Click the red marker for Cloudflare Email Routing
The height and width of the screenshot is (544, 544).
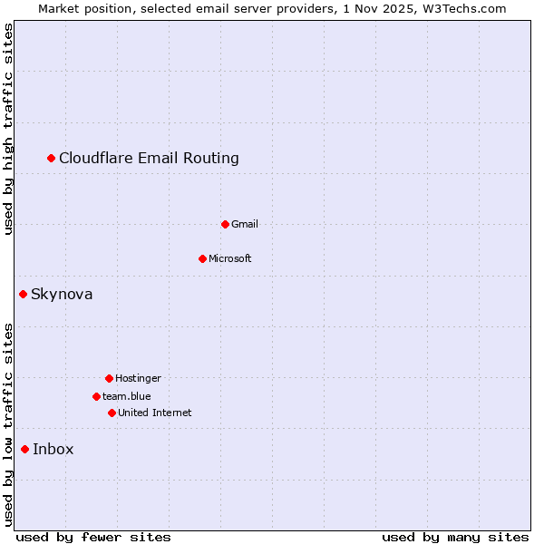pos(52,159)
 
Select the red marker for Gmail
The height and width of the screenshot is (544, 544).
pos(225,224)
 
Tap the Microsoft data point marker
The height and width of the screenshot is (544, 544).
pos(202,258)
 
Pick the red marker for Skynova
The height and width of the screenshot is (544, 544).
pos(24,294)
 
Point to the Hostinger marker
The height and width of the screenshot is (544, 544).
pos(109,378)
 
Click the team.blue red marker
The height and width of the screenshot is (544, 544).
pos(96,396)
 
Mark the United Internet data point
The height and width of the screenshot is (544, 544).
pos(112,413)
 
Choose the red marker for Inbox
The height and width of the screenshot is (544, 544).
pos(25,449)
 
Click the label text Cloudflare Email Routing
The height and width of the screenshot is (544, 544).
pos(149,159)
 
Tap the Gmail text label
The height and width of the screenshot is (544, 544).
pos(245,224)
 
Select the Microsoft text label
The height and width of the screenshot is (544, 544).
pos(230,258)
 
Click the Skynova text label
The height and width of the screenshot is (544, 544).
pos(62,294)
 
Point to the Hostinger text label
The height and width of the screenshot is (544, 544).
pos(138,378)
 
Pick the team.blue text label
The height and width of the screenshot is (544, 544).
pos(127,396)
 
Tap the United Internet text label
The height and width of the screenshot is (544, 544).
pos(155,413)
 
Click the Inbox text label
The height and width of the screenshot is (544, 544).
pos(53,449)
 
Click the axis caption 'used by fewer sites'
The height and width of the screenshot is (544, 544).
pos(93,537)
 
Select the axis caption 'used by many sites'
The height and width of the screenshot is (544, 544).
pos(455,537)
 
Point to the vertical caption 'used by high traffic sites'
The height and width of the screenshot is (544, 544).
pos(9,129)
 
